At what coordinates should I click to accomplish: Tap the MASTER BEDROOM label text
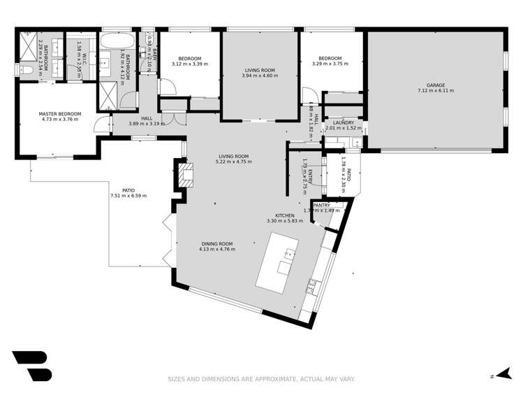point(60,114)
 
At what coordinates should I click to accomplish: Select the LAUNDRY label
point(344,123)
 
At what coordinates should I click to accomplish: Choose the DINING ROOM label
point(216,243)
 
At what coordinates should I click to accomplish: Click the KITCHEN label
point(285,215)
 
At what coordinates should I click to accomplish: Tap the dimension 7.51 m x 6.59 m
point(128,196)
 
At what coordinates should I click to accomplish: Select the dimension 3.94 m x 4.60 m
point(260,76)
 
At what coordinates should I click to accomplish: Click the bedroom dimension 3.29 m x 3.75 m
point(330,64)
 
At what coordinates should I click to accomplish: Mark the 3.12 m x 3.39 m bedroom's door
point(165,87)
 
